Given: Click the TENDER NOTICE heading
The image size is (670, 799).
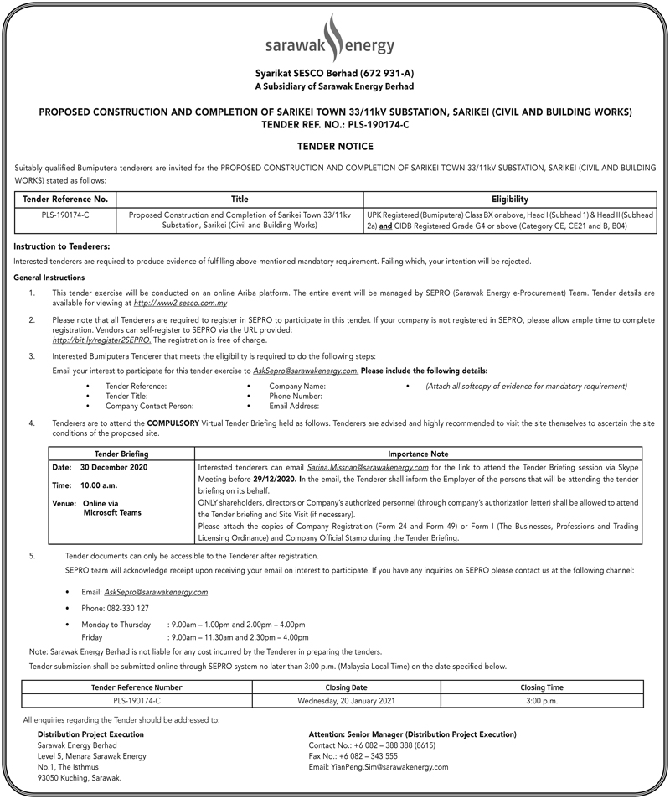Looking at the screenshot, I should (334, 146).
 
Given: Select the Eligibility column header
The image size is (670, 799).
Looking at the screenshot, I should (509, 200).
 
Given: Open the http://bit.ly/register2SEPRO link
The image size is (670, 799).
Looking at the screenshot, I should (101, 340).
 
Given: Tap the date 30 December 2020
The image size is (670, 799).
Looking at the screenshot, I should (112, 466).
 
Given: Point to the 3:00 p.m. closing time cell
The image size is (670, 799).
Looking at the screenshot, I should (543, 700).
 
